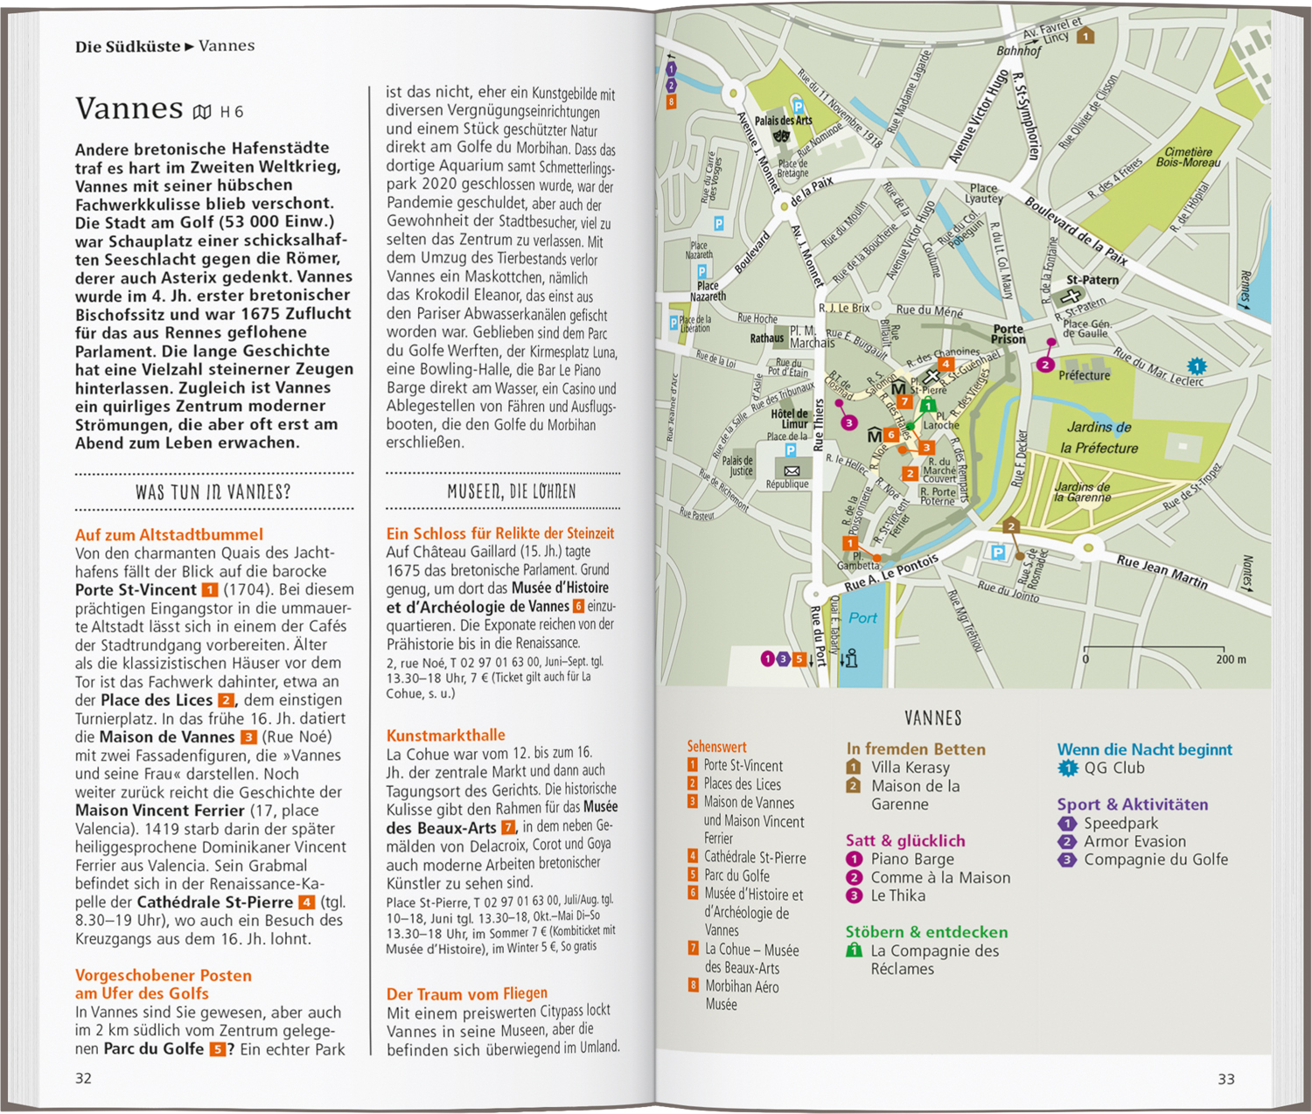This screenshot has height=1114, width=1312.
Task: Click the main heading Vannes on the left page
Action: tap(129, 108)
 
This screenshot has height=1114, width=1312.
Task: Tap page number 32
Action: tap(83, 1078)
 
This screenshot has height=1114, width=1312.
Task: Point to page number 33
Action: tap(1226, 1079)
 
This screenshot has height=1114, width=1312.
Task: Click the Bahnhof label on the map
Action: tap(1019, 51)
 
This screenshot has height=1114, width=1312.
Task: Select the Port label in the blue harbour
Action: tap(862, 618)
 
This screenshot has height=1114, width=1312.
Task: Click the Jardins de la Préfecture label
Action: tap(1099, 437)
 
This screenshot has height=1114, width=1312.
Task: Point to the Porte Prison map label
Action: tap(1008, 334)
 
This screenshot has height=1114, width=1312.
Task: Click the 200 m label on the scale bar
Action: tap(1231, 659)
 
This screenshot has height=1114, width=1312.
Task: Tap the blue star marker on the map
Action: tap(1197, 366)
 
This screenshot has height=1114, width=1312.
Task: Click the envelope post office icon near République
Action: tap(792, 470)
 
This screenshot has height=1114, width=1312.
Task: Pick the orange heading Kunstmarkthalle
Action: tap(445, 735)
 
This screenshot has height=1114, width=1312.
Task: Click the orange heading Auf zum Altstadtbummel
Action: tap(169, 534)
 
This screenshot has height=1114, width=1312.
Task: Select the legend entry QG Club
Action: tap(1113, 769)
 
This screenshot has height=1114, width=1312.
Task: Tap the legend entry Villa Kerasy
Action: tap(910, 767)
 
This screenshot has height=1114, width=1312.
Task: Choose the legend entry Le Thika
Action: tap(897, 895)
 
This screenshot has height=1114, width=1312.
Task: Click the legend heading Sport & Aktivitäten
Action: tap(1132, 804)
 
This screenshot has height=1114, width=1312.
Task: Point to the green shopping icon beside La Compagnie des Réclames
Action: tap(855, 950)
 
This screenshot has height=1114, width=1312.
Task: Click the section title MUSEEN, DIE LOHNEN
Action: tap(512, 491)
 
